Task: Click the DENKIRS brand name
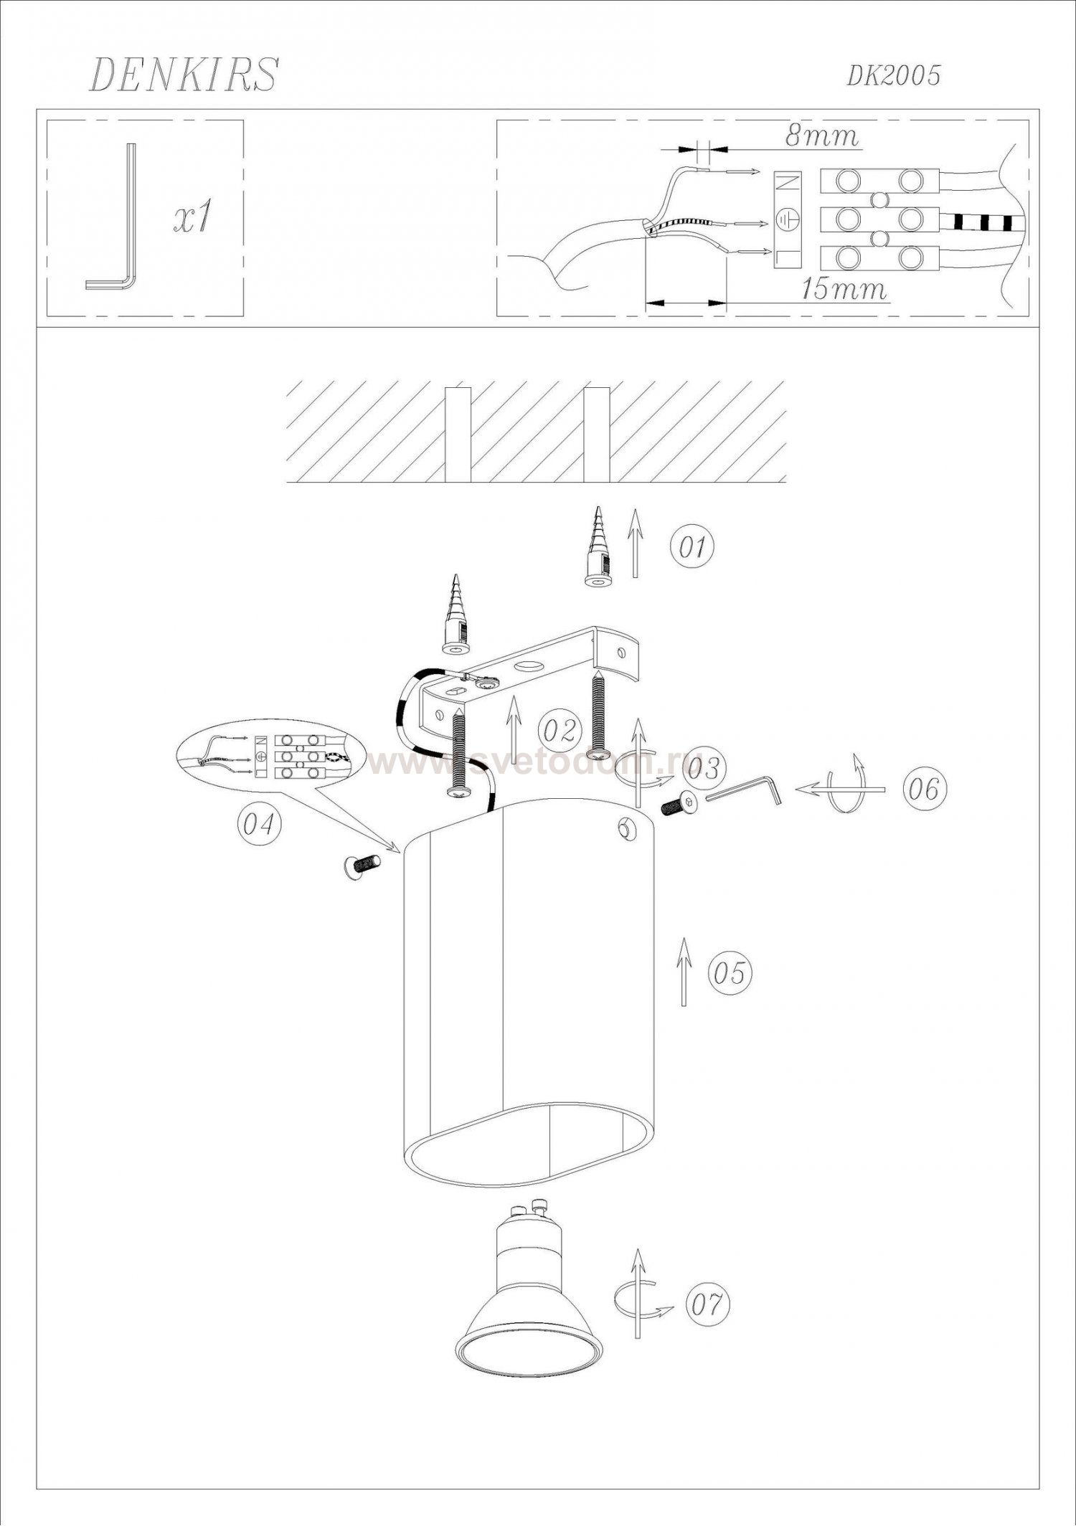[x=183, y=75]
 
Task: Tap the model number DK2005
[x=893, y=75]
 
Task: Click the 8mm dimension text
[x=822, y=136]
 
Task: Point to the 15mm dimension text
[x=844, y=289]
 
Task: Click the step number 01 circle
[x=693, y=547]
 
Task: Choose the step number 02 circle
[x=560, y=731]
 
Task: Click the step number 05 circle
[x=730, y=973]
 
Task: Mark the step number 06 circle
[x=924, y=790]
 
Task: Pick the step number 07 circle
[x=707, y=1304]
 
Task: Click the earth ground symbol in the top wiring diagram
[x=786, y=220]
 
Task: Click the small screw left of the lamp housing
[x=363, y=866]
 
